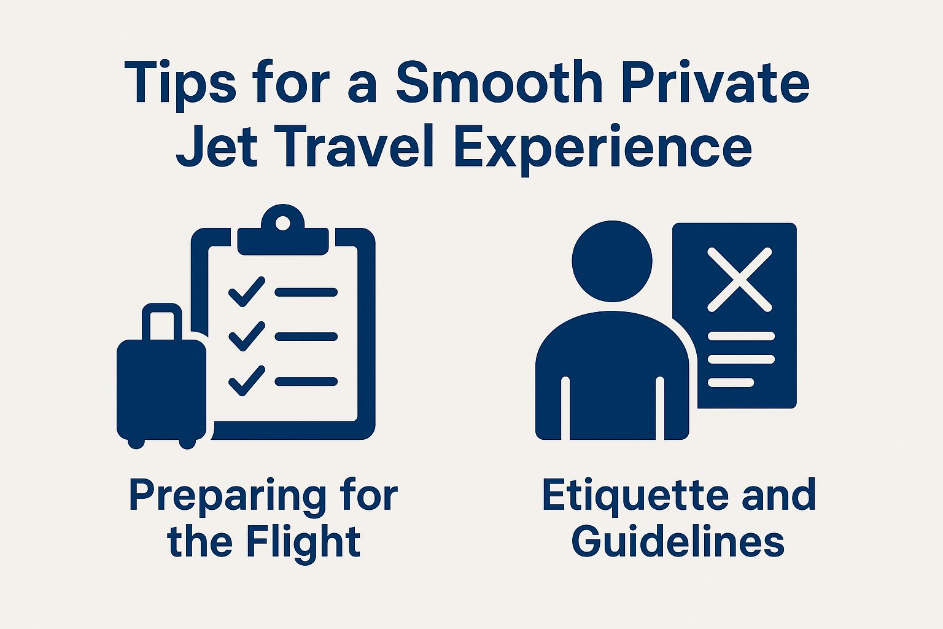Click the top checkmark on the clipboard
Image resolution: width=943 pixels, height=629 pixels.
(246, 292)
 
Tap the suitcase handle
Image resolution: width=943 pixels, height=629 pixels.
(162, 319)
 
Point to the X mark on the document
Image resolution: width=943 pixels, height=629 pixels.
(739, 279)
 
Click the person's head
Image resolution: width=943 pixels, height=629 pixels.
(611, 260)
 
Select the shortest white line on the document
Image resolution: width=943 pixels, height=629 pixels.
(731, 383)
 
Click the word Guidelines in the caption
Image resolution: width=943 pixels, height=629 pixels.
(678, 542)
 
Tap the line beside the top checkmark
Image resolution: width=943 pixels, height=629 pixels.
(306, 292)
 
